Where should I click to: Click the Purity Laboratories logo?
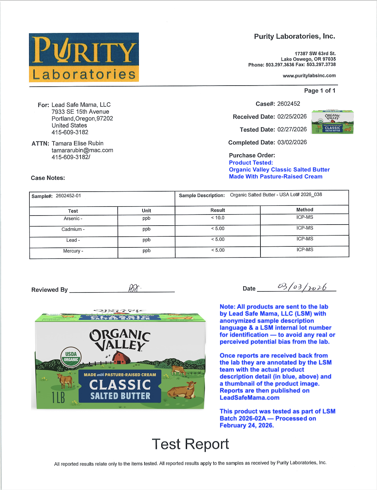pos(84,57)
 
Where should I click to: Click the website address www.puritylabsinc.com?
pos(309,76)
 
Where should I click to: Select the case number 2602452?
pos(288,104)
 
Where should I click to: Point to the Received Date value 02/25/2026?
pos(292,116)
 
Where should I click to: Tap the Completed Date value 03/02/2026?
pos(292,142)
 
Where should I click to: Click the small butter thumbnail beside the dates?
pos(332,122)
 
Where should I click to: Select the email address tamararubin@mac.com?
pos(82,150)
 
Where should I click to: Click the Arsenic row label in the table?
pos(73,218)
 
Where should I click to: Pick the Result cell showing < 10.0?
pos(218,218)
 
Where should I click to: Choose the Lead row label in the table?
pos(73,240)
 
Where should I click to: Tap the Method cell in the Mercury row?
pos(304,250)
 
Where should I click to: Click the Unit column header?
pos(146,210)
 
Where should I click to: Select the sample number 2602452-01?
pos(68,196)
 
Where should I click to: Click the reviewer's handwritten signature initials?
pos(134,288)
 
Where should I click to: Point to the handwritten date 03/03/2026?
pos(302,287)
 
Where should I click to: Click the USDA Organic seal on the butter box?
pos(71,357)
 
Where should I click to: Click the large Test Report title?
pos(190,444)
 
